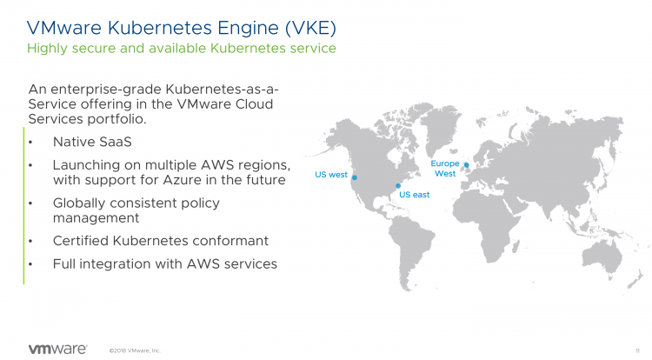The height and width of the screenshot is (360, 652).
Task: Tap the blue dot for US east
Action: [x=398, y=184]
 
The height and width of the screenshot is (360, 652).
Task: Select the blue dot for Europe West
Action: [x=467, y=164]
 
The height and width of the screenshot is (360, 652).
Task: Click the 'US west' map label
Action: [x=330, y=175]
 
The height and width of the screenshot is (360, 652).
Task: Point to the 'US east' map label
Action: [x=415, y=194]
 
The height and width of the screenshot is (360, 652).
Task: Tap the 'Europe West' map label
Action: [x=444, y=169]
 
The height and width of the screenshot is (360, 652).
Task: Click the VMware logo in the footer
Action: [x=57, y=348]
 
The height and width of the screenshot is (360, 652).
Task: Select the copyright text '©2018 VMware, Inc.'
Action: [x=135, y=350]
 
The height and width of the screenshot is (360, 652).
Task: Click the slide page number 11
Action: [x=639, y=350]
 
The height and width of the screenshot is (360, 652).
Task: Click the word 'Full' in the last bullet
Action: [x=66, y=263]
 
